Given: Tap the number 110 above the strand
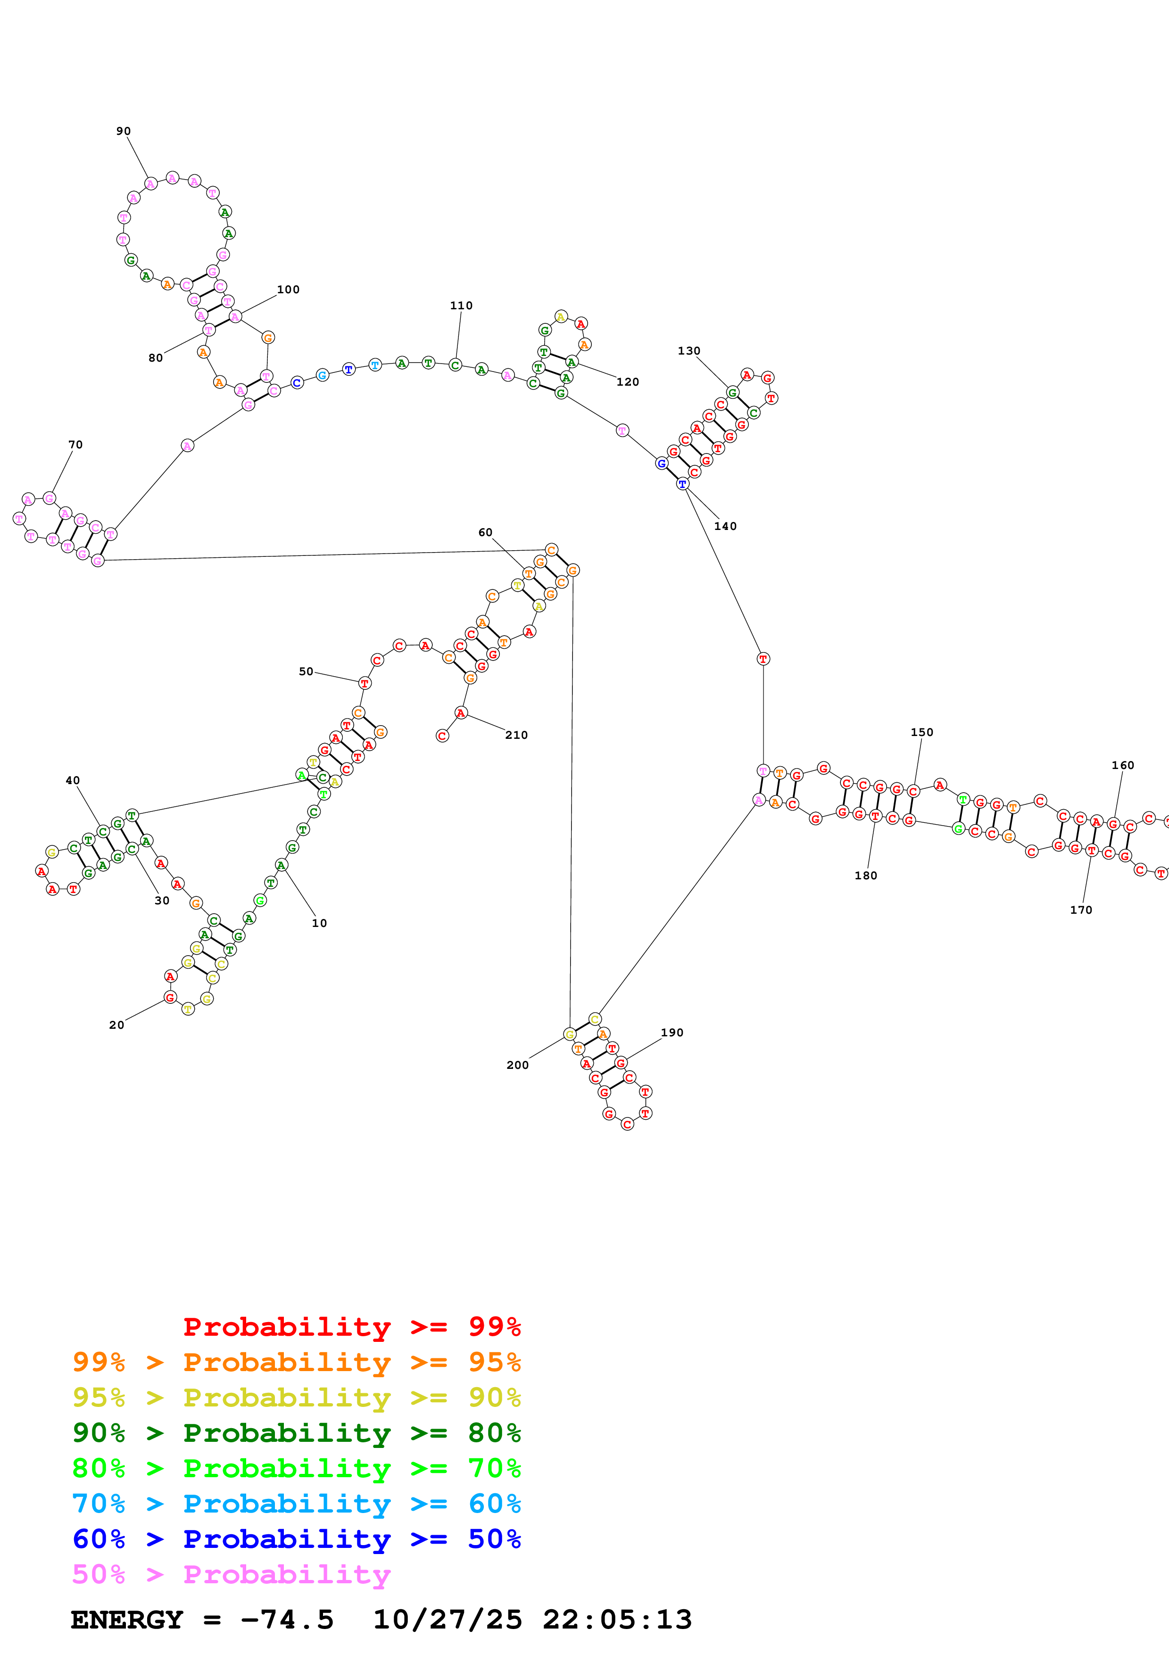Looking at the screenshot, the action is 461,306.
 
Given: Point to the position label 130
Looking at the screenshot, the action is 688,351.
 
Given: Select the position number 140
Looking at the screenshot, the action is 725,526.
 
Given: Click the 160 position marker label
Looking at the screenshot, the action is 1122,765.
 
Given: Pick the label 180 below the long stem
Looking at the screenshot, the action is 866,875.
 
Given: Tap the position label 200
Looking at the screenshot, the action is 517,1065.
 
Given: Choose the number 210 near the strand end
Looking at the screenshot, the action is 516,735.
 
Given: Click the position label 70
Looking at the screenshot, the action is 75,445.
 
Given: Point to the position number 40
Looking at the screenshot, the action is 73,780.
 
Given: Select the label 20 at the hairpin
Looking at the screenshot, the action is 116,1025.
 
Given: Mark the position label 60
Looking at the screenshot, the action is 485,532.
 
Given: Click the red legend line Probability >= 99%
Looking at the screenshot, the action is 351,1326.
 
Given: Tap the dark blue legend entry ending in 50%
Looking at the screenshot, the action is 296,1539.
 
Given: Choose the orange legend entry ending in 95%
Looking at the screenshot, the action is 296,1362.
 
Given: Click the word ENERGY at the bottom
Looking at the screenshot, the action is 127,1620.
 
